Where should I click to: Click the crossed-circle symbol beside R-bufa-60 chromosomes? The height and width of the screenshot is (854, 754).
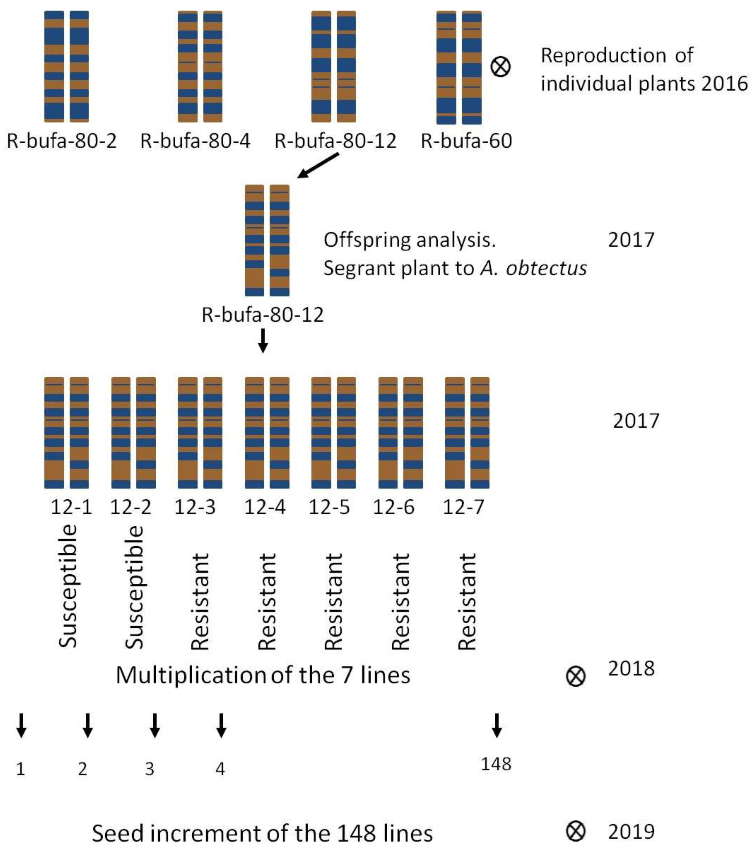(x=500, y=67)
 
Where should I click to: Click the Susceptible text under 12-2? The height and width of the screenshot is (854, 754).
(x=135, y=587)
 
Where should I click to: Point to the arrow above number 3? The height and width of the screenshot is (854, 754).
(x=155, y=725)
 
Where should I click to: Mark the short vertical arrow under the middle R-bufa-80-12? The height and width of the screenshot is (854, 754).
(x=262, y=341)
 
